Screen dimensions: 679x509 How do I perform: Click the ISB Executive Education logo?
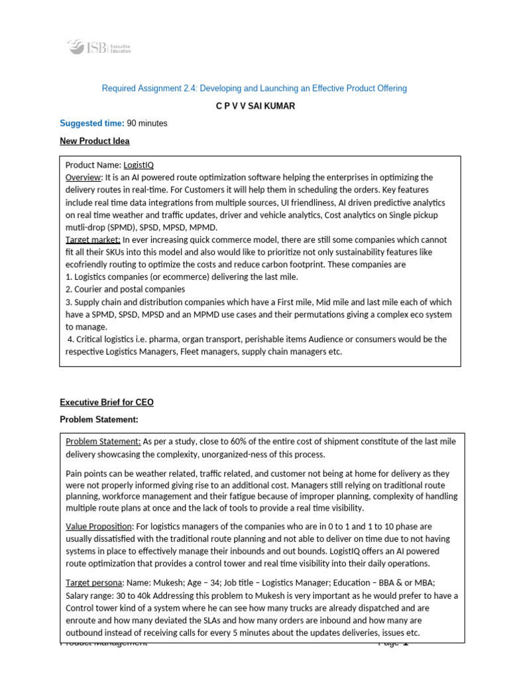[98, 48]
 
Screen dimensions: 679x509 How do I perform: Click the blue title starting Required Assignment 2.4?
[254, 88]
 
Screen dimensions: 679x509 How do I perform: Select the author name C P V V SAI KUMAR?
[255, 106]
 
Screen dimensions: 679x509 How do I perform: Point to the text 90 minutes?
[147, 123]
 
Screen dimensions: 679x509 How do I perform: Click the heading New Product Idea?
[94, 141]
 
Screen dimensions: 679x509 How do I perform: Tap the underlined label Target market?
[93, 239]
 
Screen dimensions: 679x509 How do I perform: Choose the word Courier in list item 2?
[89, 289]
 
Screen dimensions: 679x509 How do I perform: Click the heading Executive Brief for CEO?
[106, 402]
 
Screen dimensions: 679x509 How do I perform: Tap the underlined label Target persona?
[93, 583]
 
